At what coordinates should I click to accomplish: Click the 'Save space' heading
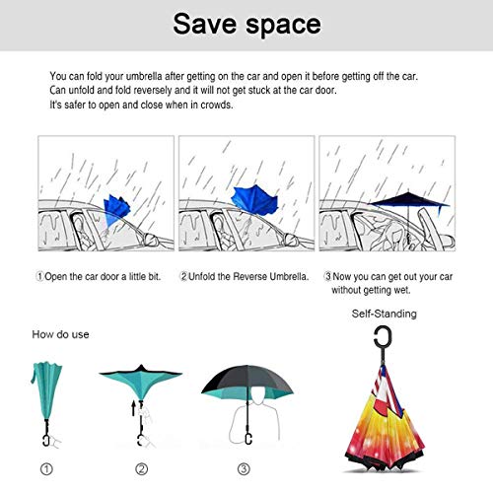click(246, 25)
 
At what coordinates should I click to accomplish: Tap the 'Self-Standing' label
click(384, 314)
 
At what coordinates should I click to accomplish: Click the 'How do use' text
click(60, 334)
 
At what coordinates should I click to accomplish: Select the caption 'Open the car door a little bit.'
click(103, 277)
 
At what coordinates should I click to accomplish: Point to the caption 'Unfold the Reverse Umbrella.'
click(248, 277)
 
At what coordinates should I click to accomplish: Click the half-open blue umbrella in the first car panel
click(116, 209)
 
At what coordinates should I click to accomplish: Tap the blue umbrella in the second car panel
click(254, 199)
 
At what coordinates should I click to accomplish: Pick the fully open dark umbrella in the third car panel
click(408, 201)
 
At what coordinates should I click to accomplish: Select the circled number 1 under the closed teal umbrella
click(46, 468)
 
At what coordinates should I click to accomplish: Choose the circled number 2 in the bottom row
click(142, 468)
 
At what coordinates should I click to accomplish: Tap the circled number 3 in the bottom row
click(244, 468)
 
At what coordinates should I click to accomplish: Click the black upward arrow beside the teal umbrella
click(133, 408)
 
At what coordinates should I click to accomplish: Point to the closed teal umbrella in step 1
click(46, 390)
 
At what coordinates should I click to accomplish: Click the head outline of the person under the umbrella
click(258, 395)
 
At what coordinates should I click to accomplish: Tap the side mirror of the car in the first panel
click(150, 240)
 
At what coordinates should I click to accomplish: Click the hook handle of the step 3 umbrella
click(248, 439)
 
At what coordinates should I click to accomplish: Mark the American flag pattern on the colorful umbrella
click(387, 387)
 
